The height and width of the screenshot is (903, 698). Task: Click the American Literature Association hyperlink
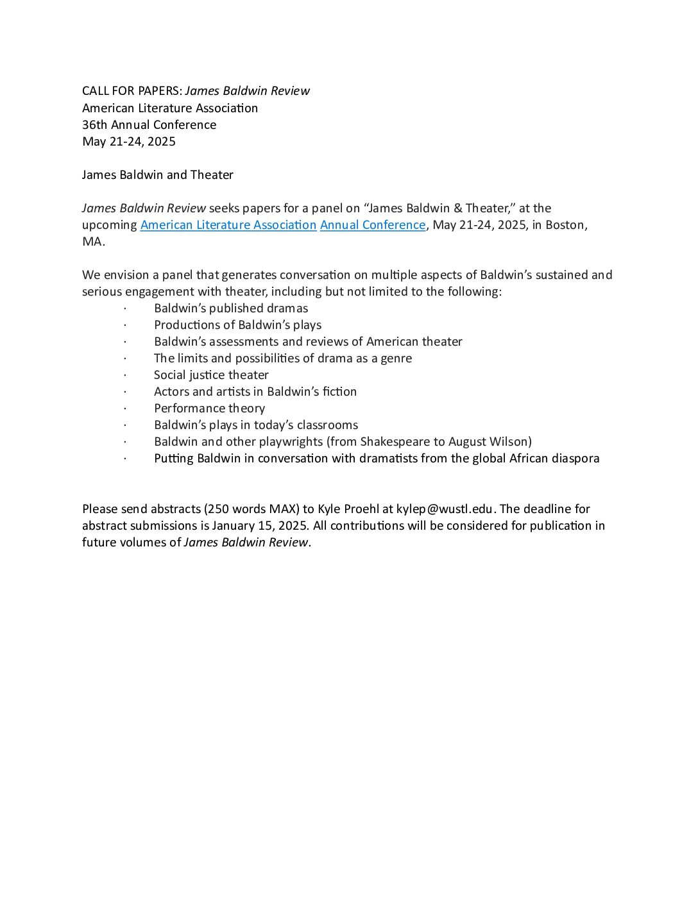(228, 225)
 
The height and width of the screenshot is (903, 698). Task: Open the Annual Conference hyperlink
(373, 225)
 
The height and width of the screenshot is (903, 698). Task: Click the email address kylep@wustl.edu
(445, 509)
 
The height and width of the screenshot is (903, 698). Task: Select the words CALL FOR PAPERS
(132, 91)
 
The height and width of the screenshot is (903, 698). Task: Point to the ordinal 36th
(95, 125)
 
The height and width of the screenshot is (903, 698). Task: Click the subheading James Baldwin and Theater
(158, 175)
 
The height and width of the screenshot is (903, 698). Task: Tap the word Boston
(565, 225)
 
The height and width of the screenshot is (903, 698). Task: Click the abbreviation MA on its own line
(92, 242)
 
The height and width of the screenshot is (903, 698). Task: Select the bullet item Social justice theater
(211, 375)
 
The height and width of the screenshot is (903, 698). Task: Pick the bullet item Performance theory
(209, 409)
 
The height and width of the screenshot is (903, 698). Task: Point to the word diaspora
(575, 459)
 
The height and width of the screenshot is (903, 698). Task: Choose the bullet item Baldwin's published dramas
(231, 308)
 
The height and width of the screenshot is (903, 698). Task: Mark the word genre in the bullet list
(396, 359)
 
